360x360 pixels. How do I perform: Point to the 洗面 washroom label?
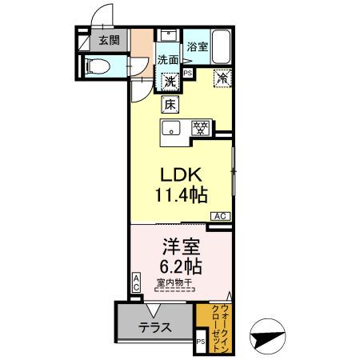click(167, 59)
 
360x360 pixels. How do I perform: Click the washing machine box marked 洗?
click(170, 80)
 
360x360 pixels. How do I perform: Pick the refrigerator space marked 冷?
click(223, 78)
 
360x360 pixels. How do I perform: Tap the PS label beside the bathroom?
click(188, 72)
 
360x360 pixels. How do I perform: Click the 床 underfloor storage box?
click(170, 103)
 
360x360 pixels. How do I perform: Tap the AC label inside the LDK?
click(220, 216)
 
